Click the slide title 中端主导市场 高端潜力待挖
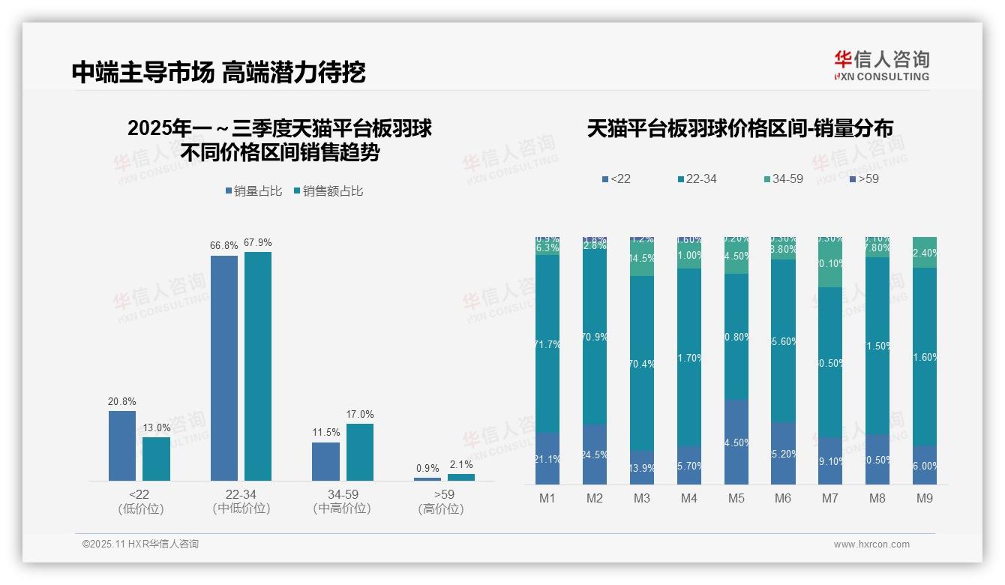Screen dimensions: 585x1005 (218, 73)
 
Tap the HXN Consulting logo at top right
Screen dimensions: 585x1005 (881, 65)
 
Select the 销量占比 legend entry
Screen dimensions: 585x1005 (253, 191)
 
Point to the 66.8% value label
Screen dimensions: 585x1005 (224, 245)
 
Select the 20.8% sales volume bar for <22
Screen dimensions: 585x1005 (122, 445)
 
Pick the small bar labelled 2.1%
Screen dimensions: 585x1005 (461, 477)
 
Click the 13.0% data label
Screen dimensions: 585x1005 (157, 427)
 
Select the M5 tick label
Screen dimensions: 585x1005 (736, 499)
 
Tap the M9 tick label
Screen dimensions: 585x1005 (925, 499)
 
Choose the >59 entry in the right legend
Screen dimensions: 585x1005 (864, 179)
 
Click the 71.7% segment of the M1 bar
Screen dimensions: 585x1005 (547, 343)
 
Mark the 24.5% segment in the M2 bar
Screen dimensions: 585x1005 (595, 454)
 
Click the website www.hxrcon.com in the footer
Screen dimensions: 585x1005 (871, 544)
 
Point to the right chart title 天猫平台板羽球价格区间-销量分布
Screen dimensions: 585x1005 (739, 129)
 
